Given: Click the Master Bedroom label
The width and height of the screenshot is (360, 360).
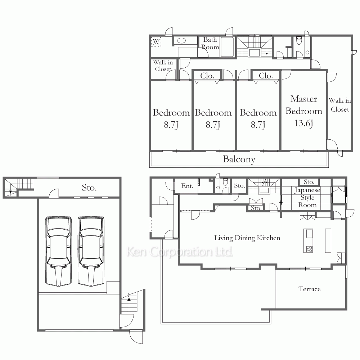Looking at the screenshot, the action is click(x=304, y=105).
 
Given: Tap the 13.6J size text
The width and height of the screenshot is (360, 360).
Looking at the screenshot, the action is click(x=303, y=123).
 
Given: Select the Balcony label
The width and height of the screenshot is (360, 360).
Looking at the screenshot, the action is click(x=239, y=159).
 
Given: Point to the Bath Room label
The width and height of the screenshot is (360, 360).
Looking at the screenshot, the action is click(x=210, y=43).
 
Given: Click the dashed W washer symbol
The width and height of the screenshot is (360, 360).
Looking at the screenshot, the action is click(x=156, y=42).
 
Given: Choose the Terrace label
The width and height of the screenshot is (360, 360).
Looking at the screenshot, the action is click(x=309, y=289).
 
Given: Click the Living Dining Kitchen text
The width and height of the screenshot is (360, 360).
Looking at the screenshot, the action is click(x=247, y=238).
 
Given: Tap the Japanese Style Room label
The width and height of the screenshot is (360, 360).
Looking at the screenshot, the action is click(x=307, y=197).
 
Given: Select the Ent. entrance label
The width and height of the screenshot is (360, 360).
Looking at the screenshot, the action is click(x=187, y=186).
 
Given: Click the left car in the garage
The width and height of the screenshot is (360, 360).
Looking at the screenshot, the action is click(x=59, y=251).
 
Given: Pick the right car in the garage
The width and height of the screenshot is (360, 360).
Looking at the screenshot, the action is click(x=91, y=251).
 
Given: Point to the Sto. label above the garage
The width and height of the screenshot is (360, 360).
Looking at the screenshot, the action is click(x=89, y=188).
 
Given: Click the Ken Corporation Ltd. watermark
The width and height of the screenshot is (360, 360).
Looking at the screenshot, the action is click(x=180, y=252).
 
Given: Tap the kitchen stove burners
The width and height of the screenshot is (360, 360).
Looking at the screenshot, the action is click(x=309, y=249).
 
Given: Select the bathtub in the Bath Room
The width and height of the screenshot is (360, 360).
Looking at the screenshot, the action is click(x=227, y=46).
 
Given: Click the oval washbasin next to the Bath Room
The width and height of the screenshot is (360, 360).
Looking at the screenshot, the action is click(x=181, y=41).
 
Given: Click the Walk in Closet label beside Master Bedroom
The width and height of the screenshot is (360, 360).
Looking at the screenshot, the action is click(x=340, y=105).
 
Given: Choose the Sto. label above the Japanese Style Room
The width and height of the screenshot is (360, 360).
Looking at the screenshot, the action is click(x=309, y=182).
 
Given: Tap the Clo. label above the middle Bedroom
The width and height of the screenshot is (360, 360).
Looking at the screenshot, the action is click(x=207, y=76).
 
